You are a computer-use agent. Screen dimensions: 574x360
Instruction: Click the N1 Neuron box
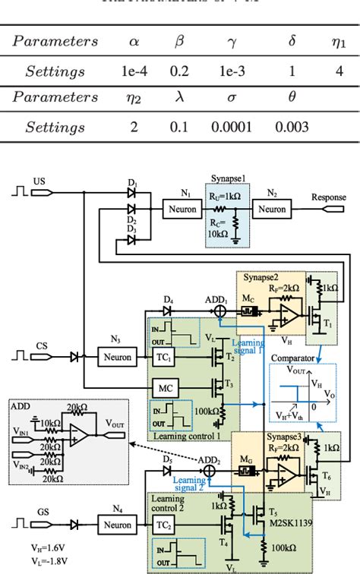click(181, 207)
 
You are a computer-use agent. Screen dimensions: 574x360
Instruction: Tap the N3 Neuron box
click(115, 355)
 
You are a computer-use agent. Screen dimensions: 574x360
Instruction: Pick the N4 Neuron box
click(115, 524)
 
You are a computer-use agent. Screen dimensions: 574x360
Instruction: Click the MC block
click(166, 386)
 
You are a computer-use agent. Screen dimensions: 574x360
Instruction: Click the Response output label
click(327, 197)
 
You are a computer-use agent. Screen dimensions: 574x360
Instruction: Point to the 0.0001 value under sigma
click(229, 127)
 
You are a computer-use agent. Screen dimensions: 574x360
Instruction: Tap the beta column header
click(180, 41)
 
